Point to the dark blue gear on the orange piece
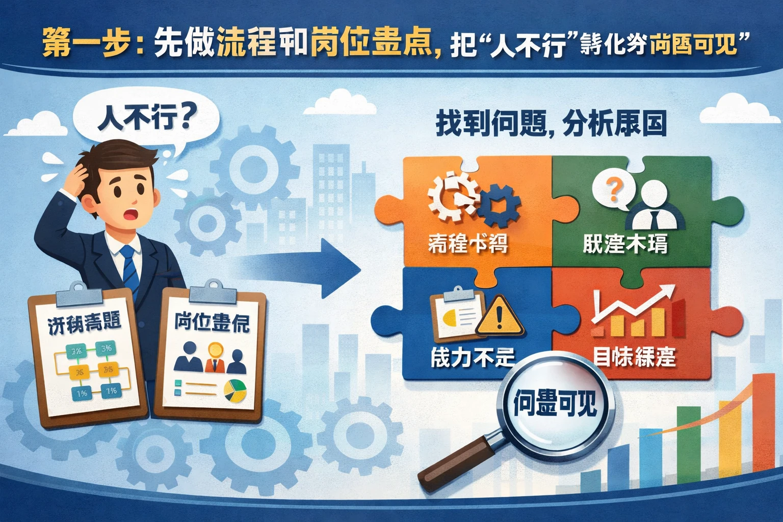tap(500, 206)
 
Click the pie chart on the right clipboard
tap(235, 390)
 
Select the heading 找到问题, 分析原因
tap(551, 125)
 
